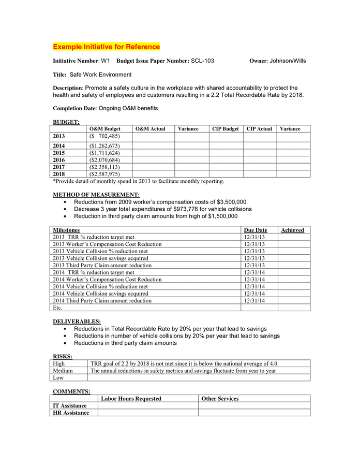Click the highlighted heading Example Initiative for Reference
point(107,47)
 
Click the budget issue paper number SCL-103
point(202,61)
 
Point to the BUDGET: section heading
point(66,122)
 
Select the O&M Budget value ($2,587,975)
point(104,174)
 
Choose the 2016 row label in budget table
point(59,160)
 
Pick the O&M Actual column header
point(151,129)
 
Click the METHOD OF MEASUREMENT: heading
point(96,195)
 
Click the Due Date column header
point(256,230)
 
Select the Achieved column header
point(292,230)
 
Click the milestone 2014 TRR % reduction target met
point(94,272)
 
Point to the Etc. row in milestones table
point(58,308)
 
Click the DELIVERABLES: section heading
point(77,322)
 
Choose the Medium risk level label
point(63,371)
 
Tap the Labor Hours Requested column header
point(131,399)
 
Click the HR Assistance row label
point(71,413)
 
